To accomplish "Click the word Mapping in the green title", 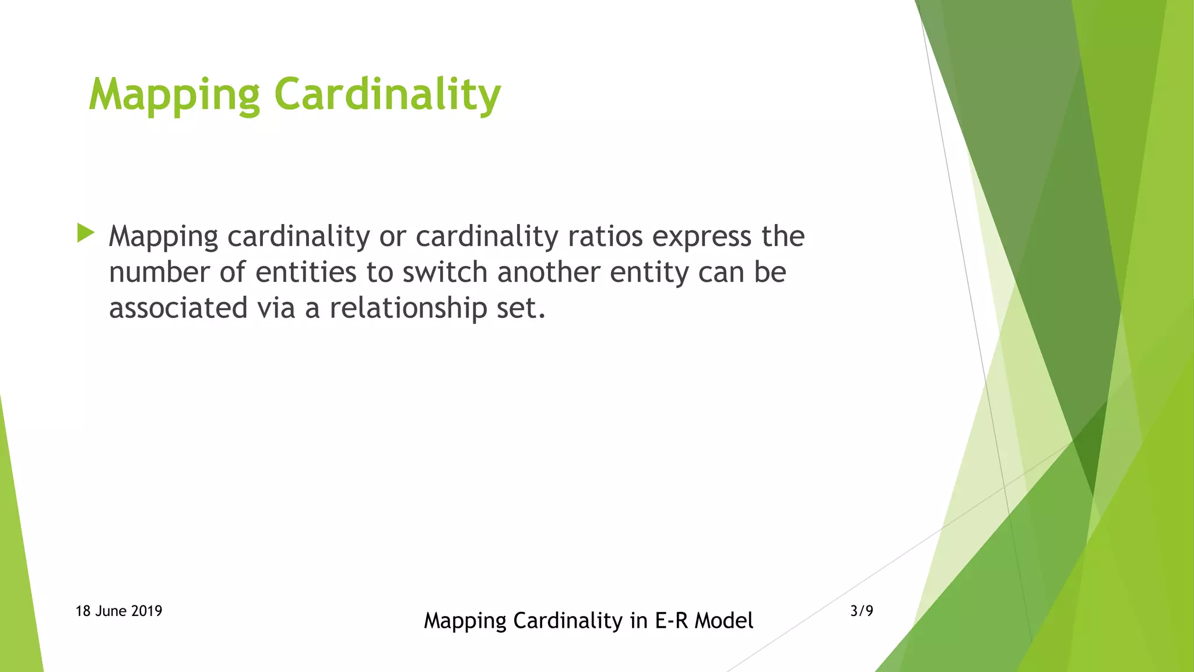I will tap(174, 94).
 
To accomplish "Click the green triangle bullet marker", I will tap(85, 233).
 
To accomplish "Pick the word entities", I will tap(305, 272).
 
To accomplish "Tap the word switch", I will tap(445, 272).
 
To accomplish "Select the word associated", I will tap(178, 308).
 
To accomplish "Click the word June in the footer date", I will tap(110, 611).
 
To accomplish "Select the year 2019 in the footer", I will tap(146, 611).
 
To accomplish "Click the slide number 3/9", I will tap(862, 611).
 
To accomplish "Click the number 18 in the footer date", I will tap(83, 611).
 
